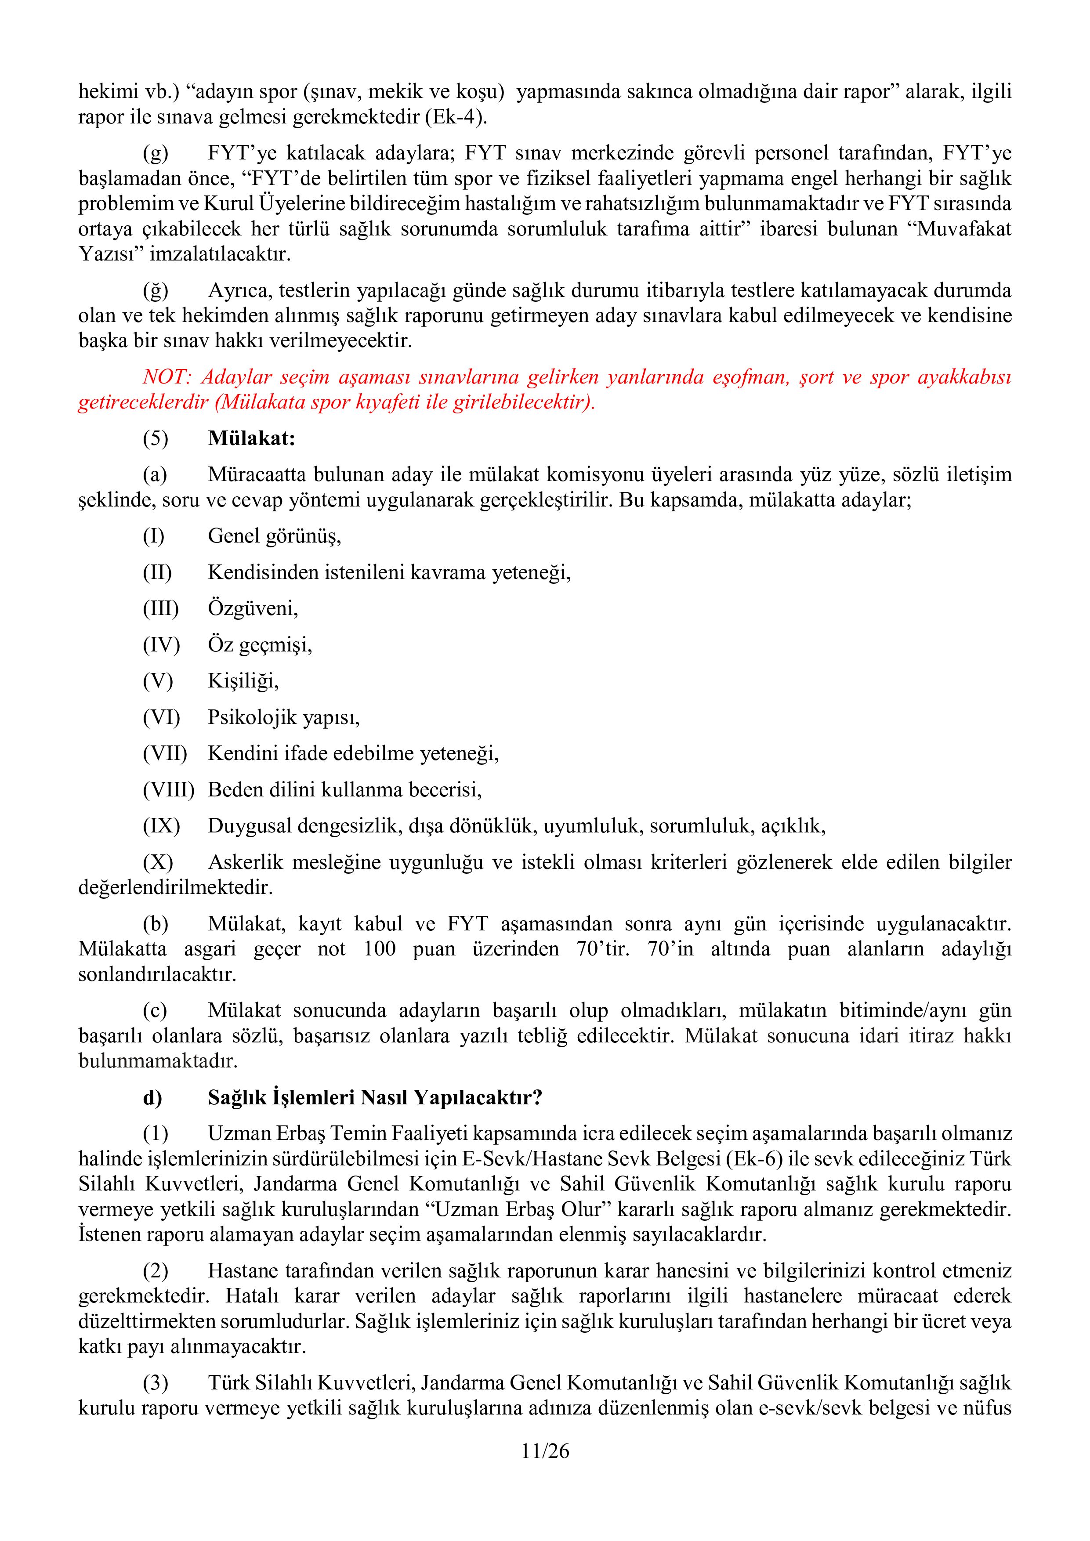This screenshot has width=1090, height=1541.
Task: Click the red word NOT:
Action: (x=167, y=377)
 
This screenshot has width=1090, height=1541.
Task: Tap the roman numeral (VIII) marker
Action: (x=168, y=789)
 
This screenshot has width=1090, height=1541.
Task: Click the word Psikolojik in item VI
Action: (x=252, y=717)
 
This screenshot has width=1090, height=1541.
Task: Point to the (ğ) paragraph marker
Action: (x=155, y=291)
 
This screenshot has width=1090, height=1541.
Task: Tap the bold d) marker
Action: (x=152, y=1097)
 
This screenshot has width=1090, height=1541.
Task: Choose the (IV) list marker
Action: (x=161, y=645)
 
